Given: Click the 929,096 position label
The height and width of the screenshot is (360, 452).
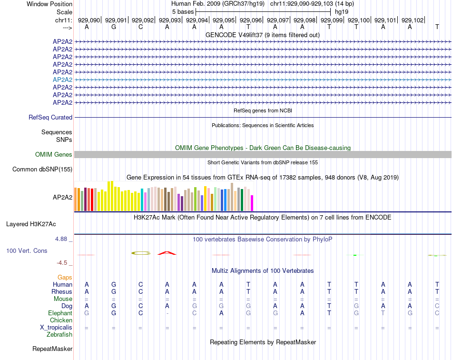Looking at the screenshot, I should [x=251, y=20].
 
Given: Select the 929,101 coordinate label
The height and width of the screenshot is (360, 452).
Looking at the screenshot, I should [x=385, y=20].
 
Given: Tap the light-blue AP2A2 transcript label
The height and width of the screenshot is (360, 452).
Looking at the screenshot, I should [x=62, y=80].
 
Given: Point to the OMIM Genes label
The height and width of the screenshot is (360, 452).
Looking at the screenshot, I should [x=54, y=154].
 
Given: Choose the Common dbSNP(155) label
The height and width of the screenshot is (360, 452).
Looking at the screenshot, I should [x=42, y=169].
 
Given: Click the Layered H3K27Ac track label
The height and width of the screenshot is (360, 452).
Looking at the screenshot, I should [x=31, y=224].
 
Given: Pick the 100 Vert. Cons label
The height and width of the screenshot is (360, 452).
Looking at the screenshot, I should [x=27, y=250].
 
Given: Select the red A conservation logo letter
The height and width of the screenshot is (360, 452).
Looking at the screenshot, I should [x=167, y=253].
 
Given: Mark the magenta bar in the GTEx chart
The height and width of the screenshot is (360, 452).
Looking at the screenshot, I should [x=252, y=203].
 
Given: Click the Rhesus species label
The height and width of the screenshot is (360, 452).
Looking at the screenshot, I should [x=62, y=291].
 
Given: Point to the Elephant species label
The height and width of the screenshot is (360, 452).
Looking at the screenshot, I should [x=60, y=313].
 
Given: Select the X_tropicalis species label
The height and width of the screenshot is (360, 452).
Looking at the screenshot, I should [x=56, y=327].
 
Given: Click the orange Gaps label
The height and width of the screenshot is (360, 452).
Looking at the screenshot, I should [x=65, y=277].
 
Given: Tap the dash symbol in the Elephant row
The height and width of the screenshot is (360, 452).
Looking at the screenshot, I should [x=167, y=313].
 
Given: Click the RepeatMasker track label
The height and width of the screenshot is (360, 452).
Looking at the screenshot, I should [x=52, y=349].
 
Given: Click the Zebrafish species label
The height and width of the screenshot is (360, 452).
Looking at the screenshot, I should [x=59, y=334].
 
